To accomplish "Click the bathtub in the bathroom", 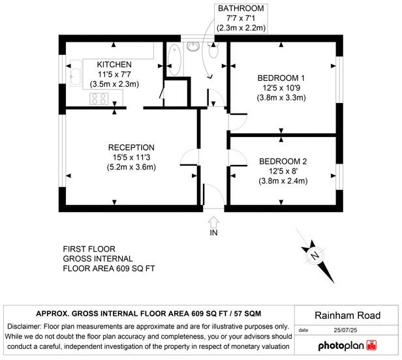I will [x=174, y=60].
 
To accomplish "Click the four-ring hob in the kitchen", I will [x=99, y=98].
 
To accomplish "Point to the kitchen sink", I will [x=74, y=76].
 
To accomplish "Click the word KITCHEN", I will [x=114, y=65].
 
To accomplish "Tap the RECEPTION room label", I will [x=131, y=147].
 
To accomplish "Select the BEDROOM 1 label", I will [x=281, y=78].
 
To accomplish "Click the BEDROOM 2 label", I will [x=283, y=161].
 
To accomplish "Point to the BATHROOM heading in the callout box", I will [x=241, y=8].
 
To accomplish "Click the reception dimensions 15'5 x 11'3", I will [x=131, y=157].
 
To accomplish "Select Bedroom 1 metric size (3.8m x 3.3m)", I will [x=281, y=98].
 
